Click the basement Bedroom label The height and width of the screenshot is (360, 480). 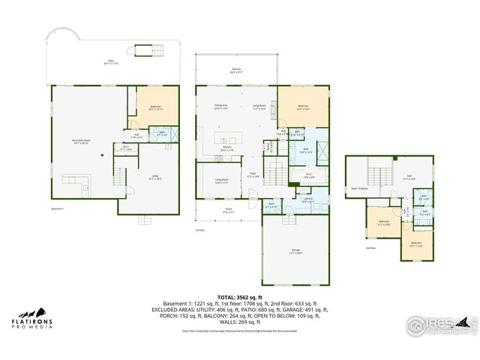pos(156,108)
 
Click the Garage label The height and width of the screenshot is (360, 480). pos(295,251)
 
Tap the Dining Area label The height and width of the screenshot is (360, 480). pos(220,106)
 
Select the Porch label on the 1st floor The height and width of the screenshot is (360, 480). pos(228,211)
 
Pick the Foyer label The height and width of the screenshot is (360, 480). pos(254,175)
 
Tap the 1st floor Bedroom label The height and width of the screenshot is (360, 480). pos(303,107)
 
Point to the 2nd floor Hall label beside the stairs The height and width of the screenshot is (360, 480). pos(409,177)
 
